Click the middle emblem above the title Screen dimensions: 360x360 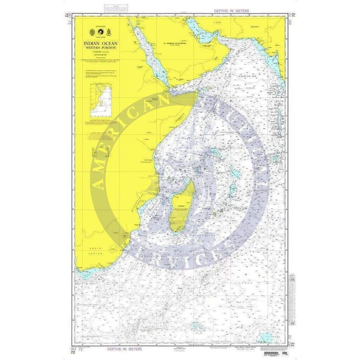click(103, 30)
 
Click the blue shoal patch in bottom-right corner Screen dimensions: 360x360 click(267, 337)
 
